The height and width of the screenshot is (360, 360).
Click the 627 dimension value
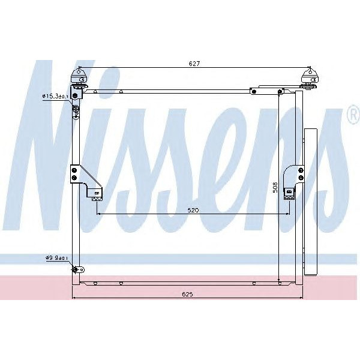194,63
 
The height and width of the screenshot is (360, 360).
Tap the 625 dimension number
187,295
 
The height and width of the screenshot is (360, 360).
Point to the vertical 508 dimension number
275,187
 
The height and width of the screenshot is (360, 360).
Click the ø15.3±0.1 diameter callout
55,95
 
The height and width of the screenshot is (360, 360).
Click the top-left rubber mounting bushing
79,77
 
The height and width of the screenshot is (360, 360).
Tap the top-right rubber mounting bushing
311,77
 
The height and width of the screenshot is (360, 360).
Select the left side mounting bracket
83,180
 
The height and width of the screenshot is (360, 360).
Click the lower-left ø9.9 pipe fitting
76,269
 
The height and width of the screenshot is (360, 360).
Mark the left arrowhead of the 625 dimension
74,298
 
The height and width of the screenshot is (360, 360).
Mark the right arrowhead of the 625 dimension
302,298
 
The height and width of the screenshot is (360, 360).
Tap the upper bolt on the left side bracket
74,170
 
